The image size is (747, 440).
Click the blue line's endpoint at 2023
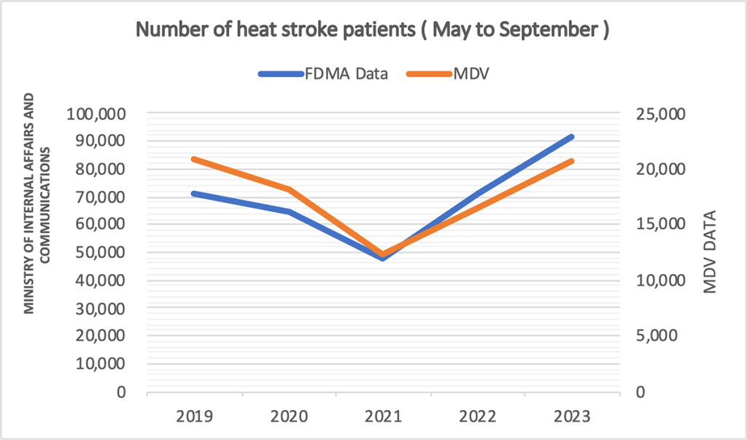(573, 136)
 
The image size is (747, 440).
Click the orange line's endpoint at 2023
(573, 160)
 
